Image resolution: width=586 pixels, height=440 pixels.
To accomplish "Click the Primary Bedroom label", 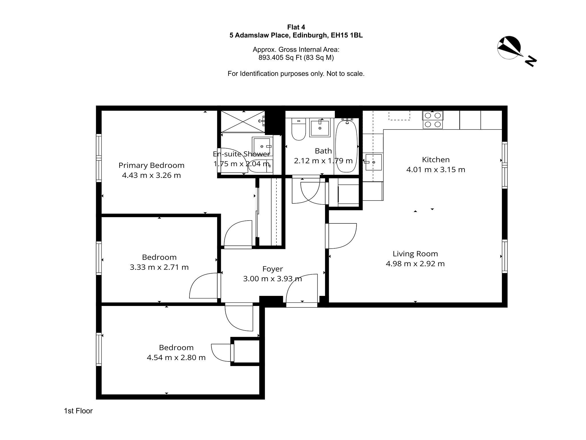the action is pyautogui.click(x=151, y=165).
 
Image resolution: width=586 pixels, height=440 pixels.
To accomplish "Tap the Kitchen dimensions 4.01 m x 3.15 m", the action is pyautogui.click(x=436, y=170).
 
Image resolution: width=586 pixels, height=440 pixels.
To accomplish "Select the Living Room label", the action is pyautogui.click(x=415, y=254).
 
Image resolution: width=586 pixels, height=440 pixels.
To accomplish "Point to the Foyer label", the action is pyautogui.click(x=273, y=269).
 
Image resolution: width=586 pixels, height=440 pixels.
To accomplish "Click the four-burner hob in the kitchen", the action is pyautogui.click(x=433, y=120).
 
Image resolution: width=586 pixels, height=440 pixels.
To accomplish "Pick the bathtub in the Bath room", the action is pyautogui.click(x=346, y=146).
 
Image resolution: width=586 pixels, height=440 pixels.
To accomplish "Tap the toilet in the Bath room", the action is pyautogui.click(x=299, y=129).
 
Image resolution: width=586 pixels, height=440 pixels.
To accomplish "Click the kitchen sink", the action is pyautogui.click(x=373, y=162).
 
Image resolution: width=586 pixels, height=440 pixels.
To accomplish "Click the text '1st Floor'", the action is pyautogui.click(x=78, y=411).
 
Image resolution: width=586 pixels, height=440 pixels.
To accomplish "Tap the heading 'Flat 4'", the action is pyautogui.click(x=296, y=27).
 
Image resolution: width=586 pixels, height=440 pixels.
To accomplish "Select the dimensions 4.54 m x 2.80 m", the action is pyautogui.click(x=176, y=357).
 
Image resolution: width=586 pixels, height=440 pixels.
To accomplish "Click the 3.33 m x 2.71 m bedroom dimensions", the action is pyautogui.click(x=159, y=267).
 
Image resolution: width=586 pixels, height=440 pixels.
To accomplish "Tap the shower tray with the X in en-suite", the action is pyautogui.click(x=243, y=122).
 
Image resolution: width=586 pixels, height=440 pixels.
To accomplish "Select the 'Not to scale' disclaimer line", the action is pyautogui.click(x=296, y=74).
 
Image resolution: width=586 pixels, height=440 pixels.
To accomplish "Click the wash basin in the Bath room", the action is pyautogui.click(x=320, y=127).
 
